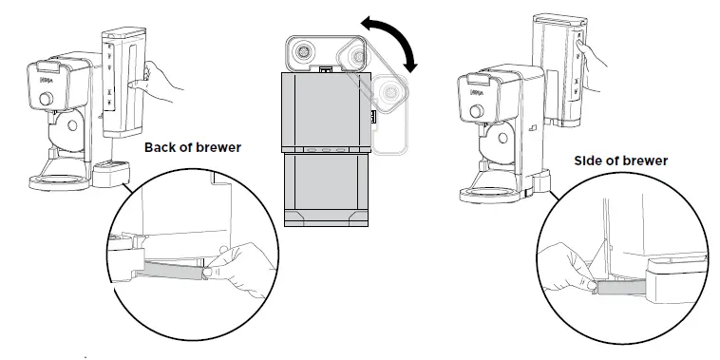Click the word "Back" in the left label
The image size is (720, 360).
point(161,148)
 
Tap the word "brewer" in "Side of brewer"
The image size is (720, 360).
point(646,161)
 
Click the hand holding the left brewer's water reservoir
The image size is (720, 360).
point(160,85)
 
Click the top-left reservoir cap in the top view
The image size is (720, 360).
point(306,52)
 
